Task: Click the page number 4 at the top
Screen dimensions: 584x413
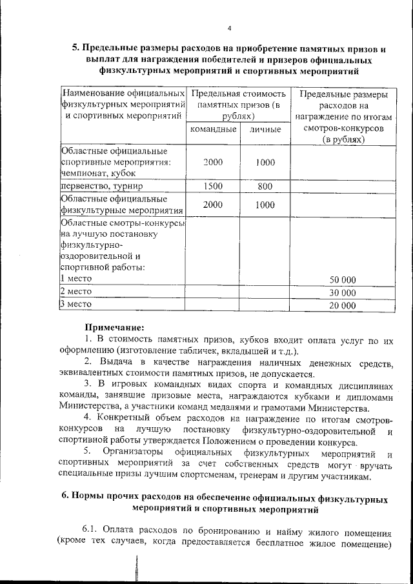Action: (x=229, y=28)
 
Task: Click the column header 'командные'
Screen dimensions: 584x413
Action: (x=211, y=130)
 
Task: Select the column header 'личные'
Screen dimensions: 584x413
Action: (x=265, y=130)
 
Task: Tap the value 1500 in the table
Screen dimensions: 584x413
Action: (x=213, y=186)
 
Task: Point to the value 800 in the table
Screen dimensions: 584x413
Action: (x=265, y=186)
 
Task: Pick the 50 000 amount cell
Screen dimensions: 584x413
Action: (x=343, y=279)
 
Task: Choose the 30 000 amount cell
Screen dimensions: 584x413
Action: (x=343, y=292)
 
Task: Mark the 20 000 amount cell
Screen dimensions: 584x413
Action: (x=343, y=305)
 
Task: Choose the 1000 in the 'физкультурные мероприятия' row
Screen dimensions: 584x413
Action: (x=265, y=205)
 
